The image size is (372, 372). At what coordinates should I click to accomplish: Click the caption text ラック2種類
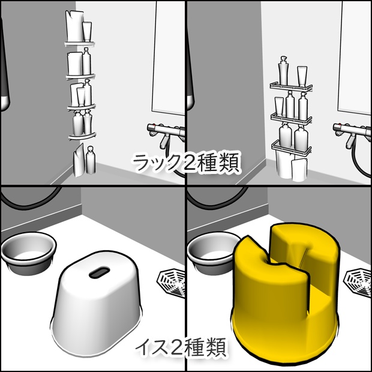pos(186,163)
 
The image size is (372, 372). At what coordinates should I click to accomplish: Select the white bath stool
pos(98,306)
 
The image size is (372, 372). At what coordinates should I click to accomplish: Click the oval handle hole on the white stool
pos(96,273)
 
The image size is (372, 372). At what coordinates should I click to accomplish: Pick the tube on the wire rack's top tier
pos(302,76)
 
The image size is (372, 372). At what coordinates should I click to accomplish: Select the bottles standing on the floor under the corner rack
pos(84,161)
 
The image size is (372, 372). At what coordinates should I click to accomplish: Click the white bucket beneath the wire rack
pos(291,167)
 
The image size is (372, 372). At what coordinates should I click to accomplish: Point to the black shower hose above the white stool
pos(36,198)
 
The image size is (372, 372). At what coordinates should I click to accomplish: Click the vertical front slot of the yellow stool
pos(310,291)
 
